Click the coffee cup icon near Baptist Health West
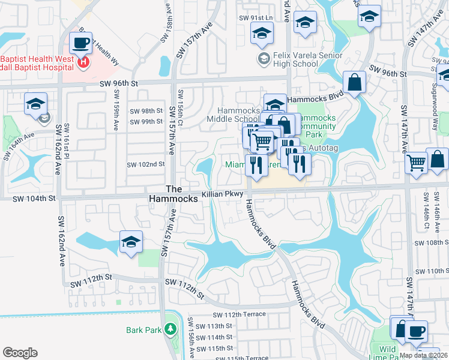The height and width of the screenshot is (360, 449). coord(80,43)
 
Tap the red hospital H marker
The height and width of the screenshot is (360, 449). coord(84,61)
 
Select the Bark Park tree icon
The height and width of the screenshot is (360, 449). coord(170,329)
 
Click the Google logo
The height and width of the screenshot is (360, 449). coord(20,353)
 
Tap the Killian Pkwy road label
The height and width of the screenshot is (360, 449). coord(222,194)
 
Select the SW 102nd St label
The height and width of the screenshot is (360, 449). coord(145,164)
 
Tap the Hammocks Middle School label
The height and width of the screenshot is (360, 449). coord(238,114)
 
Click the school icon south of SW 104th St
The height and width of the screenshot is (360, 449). coord(131,242)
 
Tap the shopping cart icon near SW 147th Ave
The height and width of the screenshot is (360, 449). coord(416,161)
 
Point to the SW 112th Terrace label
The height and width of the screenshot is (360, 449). coord(237,314)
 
